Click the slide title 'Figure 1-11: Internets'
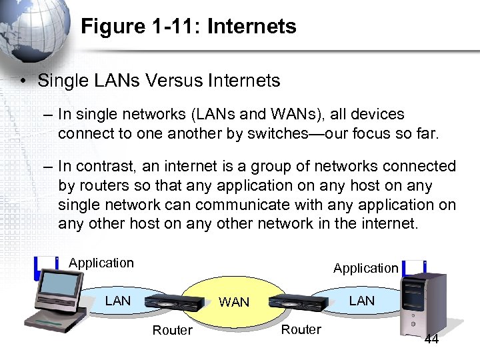coord(188,27)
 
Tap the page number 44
coord(431,340)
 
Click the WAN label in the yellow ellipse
coord(234,302)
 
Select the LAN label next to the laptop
coord(118,301)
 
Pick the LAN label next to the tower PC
coord(362,301)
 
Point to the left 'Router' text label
coord(172,330)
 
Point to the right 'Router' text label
coord(301,329)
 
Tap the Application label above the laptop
coord(101,263)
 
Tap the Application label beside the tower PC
coord(365,268)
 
